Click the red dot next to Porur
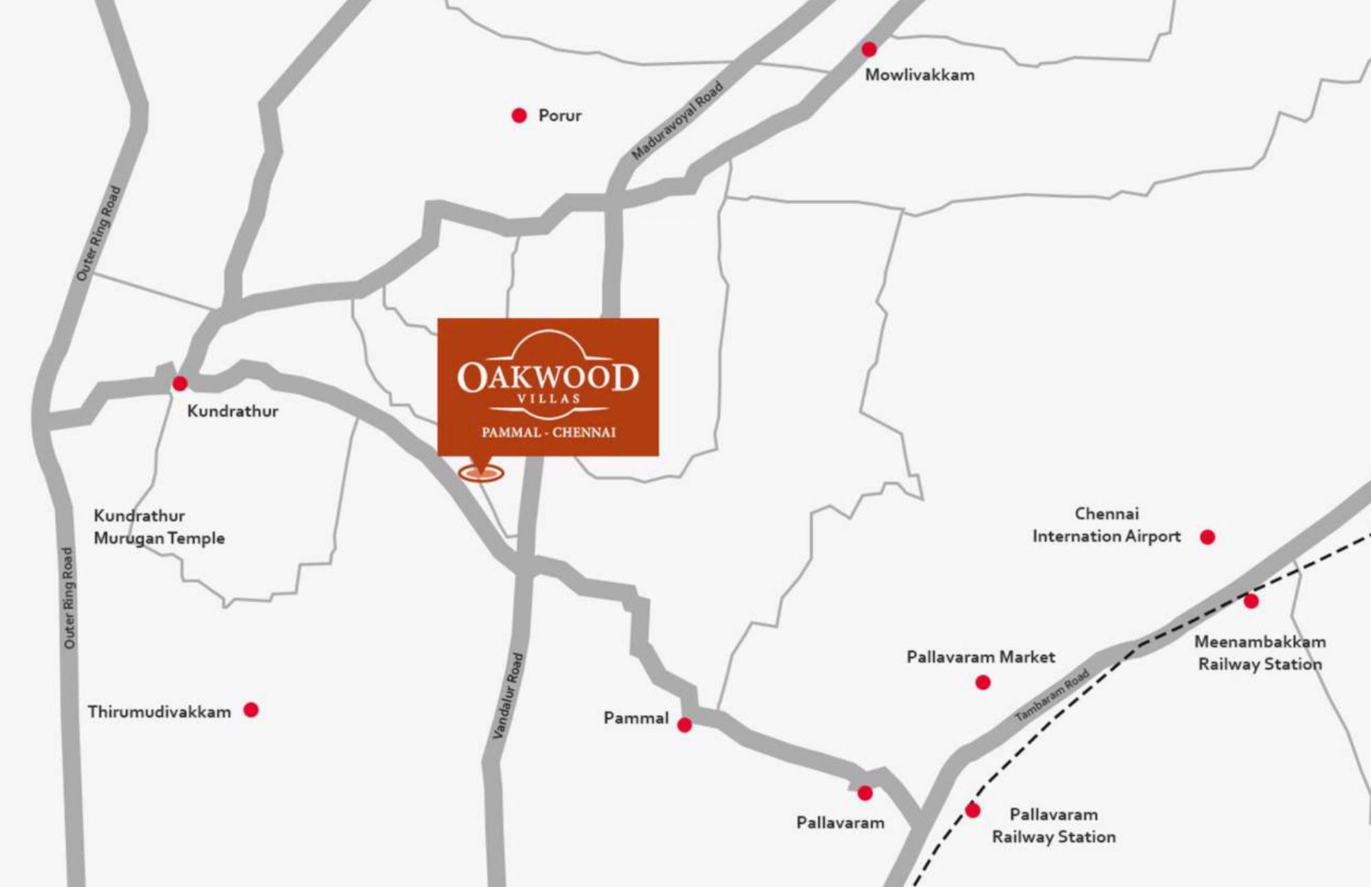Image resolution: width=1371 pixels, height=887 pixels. (519, 115)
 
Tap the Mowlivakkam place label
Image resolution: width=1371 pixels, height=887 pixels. (919, 75)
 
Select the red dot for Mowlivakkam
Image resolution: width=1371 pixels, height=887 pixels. (869, 49)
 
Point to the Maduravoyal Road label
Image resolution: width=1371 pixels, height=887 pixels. (677, 121)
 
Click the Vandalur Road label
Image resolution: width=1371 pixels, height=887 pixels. (508, 696)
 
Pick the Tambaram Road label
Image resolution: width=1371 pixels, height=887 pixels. (1052, 695)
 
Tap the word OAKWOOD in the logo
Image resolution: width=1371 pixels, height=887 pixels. (548, 377)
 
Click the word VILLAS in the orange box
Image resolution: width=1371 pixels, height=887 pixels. (548, 399)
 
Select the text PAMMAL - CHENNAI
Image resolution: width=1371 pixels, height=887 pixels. (548, 432)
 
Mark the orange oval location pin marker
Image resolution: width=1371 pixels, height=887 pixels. (481, 473)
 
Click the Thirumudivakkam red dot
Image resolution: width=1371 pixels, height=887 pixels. (251, 710)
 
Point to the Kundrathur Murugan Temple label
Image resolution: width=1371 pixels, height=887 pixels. (159, 527)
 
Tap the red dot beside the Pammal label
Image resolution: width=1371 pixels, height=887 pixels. (684, 725)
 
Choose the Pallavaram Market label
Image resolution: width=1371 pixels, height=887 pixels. (980, 657)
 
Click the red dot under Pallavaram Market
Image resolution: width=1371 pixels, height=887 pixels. (982, 683)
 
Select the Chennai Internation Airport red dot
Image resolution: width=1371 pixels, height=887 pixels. (1207, 537)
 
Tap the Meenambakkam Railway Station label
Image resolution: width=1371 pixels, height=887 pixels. (1260, 653)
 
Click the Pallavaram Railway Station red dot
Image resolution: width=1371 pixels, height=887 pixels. (972, 811)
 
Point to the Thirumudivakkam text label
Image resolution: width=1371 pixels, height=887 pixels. (159, 712)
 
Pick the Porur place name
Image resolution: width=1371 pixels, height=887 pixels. (559, 115)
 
